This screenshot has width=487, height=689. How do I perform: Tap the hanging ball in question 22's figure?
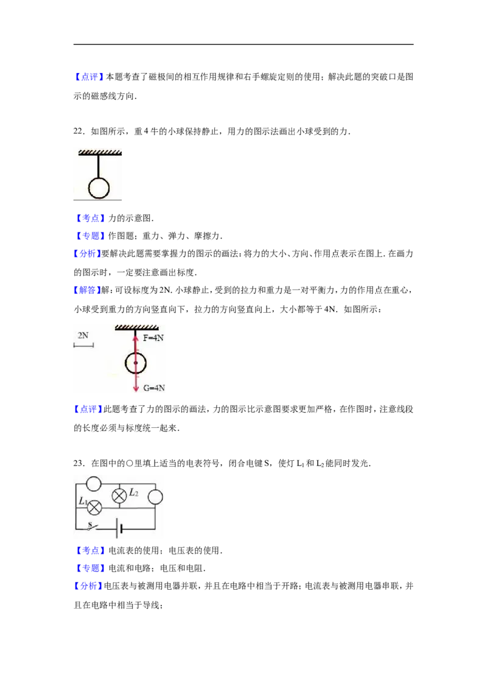point(99,188)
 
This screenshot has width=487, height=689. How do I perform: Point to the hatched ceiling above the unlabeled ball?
point(100,153)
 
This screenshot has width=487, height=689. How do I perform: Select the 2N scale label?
point(83,335)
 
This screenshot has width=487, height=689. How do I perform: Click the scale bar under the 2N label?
point(83,346)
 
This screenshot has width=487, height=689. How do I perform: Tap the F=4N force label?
point(153,338)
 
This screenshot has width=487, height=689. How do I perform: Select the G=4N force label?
point(154,388)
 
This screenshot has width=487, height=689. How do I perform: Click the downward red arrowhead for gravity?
point(136,388)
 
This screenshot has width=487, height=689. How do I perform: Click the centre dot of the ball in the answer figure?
point(136,363)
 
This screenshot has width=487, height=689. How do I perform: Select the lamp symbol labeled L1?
point(94,508)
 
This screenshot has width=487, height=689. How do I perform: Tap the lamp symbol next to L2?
point(119,496)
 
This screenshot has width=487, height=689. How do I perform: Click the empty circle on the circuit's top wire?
point(94,484)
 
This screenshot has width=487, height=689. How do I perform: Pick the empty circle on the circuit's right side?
point(155,497)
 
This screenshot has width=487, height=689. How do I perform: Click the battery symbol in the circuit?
point(119,528)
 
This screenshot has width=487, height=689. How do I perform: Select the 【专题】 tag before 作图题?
point(90,236)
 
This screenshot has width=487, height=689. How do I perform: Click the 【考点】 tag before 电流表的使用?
point(90,551)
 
